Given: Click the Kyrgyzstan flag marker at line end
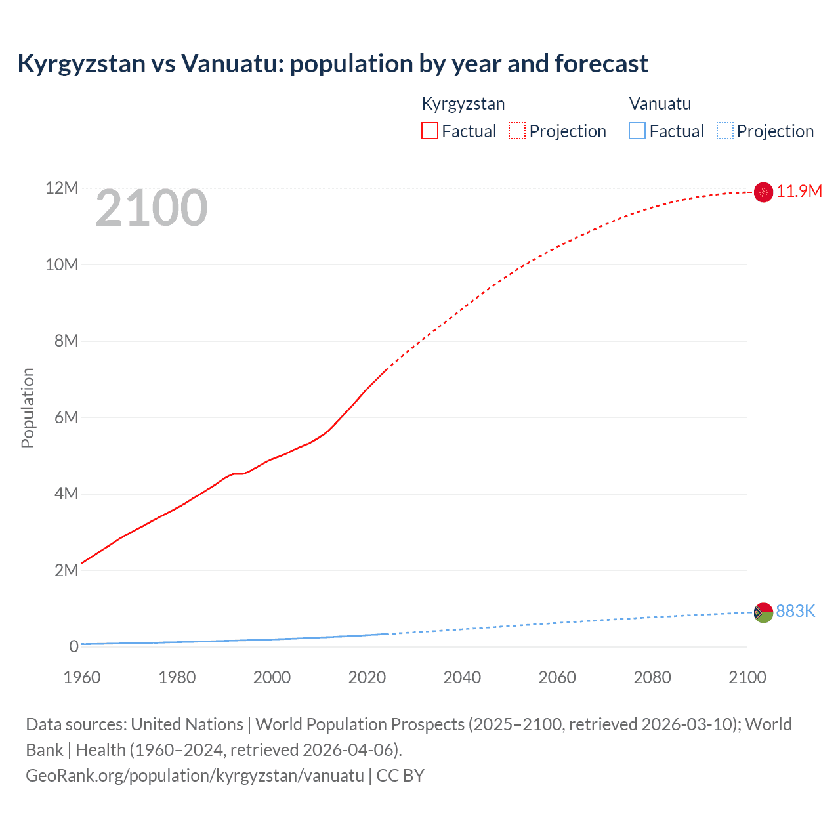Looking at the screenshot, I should tap(763, 192).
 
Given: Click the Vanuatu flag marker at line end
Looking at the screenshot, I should tap(763, 612).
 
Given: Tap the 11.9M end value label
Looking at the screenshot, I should tap(799, 191).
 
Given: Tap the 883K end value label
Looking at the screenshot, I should tap(795, 611).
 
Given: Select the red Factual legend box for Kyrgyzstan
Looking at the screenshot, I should tap(430, 131).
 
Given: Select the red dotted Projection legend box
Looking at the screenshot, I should tap(517, 131).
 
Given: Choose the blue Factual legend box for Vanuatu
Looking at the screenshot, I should tap(637, 131).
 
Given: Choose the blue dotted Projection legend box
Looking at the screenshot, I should tap(725, 131).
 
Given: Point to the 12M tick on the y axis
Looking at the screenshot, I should tap(62, 188).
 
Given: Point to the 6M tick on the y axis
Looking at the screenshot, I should tap(66, 417).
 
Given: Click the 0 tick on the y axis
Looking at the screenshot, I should tap(73, 646).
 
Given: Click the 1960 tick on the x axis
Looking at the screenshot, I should tap(82, 677).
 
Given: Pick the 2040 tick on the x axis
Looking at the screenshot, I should tap(462, 677).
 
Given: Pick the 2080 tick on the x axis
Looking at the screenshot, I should tap(652, 677).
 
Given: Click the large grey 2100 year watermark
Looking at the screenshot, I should tap(152, 208).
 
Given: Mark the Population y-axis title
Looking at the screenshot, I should tap(28, 408).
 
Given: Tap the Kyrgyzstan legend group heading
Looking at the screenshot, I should tap(463, 104).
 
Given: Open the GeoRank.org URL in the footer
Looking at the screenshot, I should tap(195, 775).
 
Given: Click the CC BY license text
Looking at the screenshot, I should tap(400, 775).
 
